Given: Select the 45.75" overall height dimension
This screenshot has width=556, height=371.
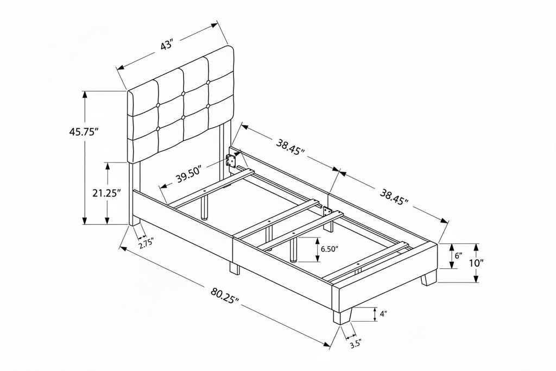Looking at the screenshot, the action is [83, 132].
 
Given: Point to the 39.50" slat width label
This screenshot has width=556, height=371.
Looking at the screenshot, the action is [189, 174].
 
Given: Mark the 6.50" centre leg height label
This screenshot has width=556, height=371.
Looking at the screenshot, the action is [330, 249].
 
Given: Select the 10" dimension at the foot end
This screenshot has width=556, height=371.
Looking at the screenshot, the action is [476, 263].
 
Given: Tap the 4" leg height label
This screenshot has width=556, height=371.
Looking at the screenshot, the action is [383, 313].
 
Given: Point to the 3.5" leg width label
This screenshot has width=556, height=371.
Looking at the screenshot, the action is [355, 344].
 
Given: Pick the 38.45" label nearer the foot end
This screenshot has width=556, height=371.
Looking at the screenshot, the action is [394, 197].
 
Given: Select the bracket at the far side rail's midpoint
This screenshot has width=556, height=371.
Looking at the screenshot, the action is [326, 211].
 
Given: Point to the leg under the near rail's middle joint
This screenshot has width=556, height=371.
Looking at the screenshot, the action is [235, 268].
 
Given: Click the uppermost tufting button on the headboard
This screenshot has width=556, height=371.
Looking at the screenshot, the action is [207, 83].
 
